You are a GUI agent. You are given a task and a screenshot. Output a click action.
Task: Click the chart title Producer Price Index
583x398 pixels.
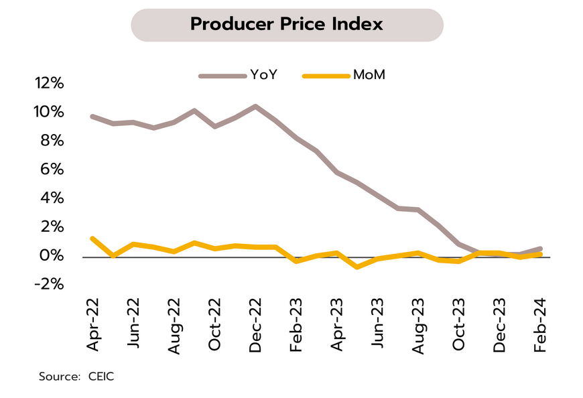click(x=286, y=25)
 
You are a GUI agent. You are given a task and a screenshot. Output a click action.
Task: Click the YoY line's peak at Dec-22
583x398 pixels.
click(x=255, y=107)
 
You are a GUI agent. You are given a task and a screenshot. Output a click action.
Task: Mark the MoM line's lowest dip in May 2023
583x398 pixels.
click(x=357, y=267)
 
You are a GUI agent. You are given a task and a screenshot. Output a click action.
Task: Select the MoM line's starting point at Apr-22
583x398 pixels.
click(x=92, y=239)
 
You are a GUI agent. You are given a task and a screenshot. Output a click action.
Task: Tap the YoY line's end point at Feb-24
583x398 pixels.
click(x=541, y=249)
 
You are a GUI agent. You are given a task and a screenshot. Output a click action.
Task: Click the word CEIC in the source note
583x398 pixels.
click(x=101, y=377)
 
